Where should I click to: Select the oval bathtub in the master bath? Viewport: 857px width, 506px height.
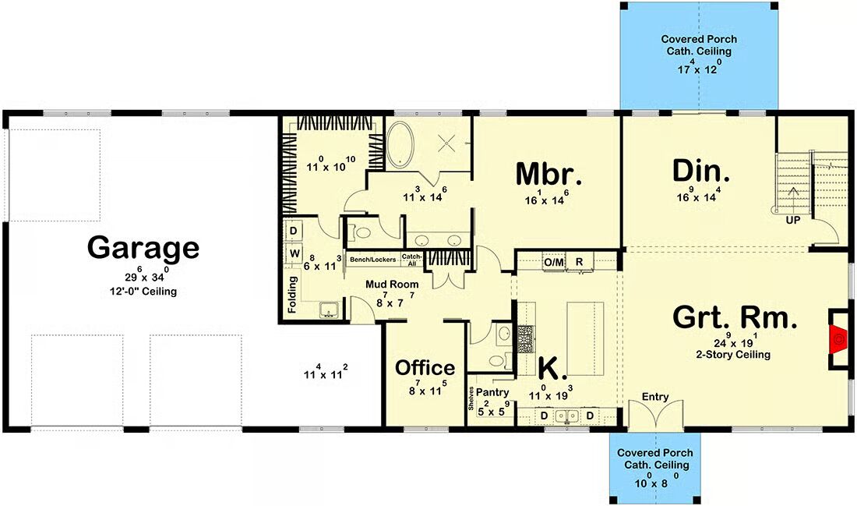[x=400, y=144]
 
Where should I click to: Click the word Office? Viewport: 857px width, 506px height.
[x=425, y=367]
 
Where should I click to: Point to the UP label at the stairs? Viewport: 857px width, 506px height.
[x=792, y=220]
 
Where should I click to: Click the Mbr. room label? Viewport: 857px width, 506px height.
[x=548, y=174]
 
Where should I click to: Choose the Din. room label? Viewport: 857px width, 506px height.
[x=700, y=171]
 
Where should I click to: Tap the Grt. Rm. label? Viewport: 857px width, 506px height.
[x=734, y=317]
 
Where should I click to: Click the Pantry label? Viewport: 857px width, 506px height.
[x=492, y=392]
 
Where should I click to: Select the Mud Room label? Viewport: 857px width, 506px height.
[x=392, y=284]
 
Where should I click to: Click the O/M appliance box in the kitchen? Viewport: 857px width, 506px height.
[x=554, y=263]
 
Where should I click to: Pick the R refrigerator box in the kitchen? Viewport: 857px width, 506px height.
[x=580, y=262]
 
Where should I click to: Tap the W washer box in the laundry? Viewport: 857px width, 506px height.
[x=294, y=253]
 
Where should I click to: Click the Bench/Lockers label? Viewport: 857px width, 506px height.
[x=372, y=260]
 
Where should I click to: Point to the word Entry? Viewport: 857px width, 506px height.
[x=654, y=397]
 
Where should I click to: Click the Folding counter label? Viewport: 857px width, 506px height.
[x=292, y=294]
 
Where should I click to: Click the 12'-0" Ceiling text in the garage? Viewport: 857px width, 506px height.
[x=143, y=291]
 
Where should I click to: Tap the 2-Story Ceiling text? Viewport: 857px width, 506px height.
[x=733, y=355]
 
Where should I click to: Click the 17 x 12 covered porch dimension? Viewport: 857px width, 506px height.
[x=699, y=68]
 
